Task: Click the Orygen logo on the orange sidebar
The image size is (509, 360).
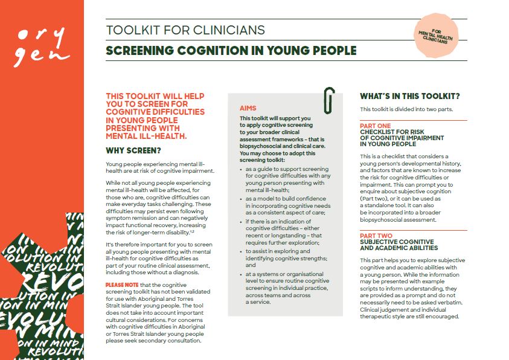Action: (x=42, y=46)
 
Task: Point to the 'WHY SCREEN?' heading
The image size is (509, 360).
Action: (x=133, y=150)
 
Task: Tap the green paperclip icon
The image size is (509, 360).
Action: (x=329, y=100)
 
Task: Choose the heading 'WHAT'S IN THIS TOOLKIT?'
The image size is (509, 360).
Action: (x=409, y=96)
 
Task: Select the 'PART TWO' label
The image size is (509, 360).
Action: (x=376, y=236)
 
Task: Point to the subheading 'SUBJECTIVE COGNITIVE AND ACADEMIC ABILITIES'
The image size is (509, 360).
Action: (x=399, y=245)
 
